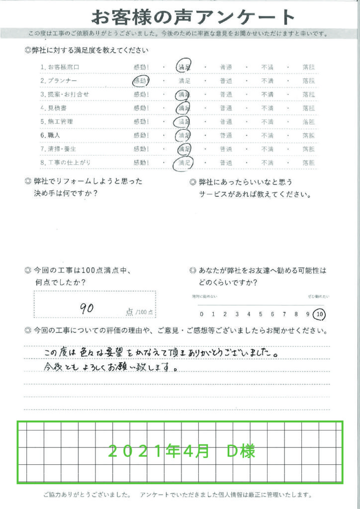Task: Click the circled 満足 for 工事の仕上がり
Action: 184,162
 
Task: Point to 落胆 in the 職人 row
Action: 308,135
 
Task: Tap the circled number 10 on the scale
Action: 320,314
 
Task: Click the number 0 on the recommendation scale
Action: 201,314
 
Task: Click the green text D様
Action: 241,451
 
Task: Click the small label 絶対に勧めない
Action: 205,297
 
